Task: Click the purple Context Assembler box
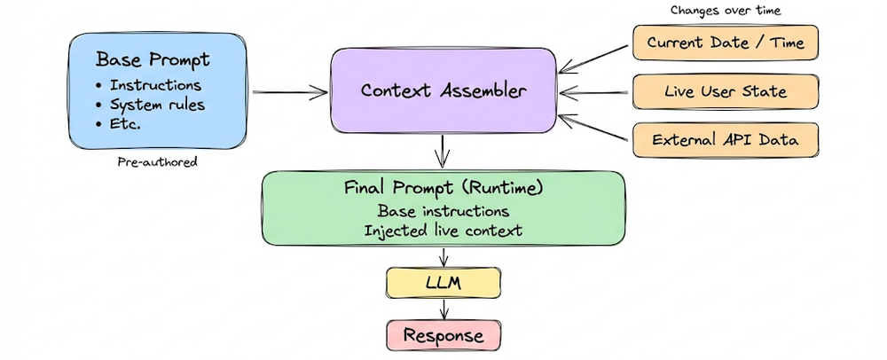click(443, 90)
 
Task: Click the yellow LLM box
click(443, 284)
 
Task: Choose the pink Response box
click(443, 335)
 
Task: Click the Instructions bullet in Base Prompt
click(155, 85)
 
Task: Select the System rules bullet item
click(157, 105)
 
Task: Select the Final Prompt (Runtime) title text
click(443, 189)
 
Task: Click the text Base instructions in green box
click(443, 211)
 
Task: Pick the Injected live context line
click(443, 231)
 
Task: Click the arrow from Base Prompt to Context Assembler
click(289, 90)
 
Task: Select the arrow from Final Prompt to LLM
click(443, 256)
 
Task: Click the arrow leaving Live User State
click(596, 90)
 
